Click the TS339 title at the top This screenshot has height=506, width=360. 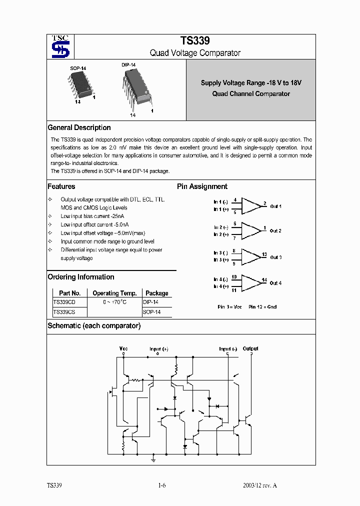point(195,41)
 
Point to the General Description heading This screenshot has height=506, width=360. point(79,127)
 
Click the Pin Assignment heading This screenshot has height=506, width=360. point(202,186)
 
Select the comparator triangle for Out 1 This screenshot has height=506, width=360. point(251,205)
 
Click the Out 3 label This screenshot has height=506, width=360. point(275,257)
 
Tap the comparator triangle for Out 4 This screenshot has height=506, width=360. point(251,282)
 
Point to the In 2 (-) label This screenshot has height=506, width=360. point(220,227)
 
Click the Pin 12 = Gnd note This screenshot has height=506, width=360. point(262,307)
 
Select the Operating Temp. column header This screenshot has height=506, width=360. point(114,293)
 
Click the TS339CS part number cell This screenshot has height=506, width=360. point(64,312)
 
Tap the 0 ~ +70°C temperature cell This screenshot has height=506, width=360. point(114,302)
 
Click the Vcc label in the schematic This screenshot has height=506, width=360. point(123,348)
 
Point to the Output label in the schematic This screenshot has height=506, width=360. point(250,348)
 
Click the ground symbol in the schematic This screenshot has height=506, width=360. point(153,458)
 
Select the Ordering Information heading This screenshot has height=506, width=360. point(80,277)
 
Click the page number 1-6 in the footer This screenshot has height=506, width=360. point(161,486)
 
